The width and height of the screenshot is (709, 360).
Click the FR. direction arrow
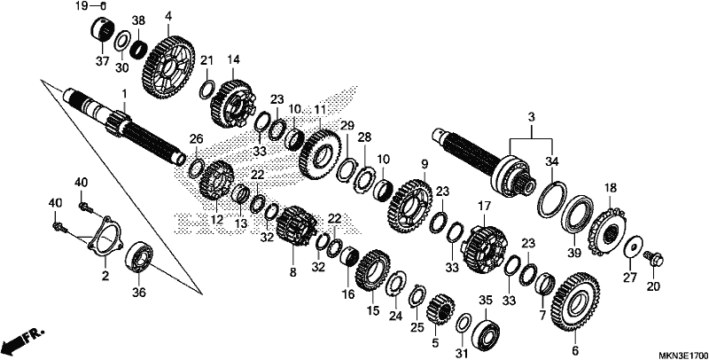(23, 341)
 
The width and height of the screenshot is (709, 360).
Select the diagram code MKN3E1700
(682, 355)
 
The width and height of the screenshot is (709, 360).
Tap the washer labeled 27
(634, 248)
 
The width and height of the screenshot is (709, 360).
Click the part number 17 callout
(484, 207)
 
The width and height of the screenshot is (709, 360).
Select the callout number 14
(234, 59)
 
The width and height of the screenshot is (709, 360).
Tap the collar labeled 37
(102, 29)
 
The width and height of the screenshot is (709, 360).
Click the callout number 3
(531, 117)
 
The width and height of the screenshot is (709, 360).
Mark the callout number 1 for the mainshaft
(124, 94)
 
